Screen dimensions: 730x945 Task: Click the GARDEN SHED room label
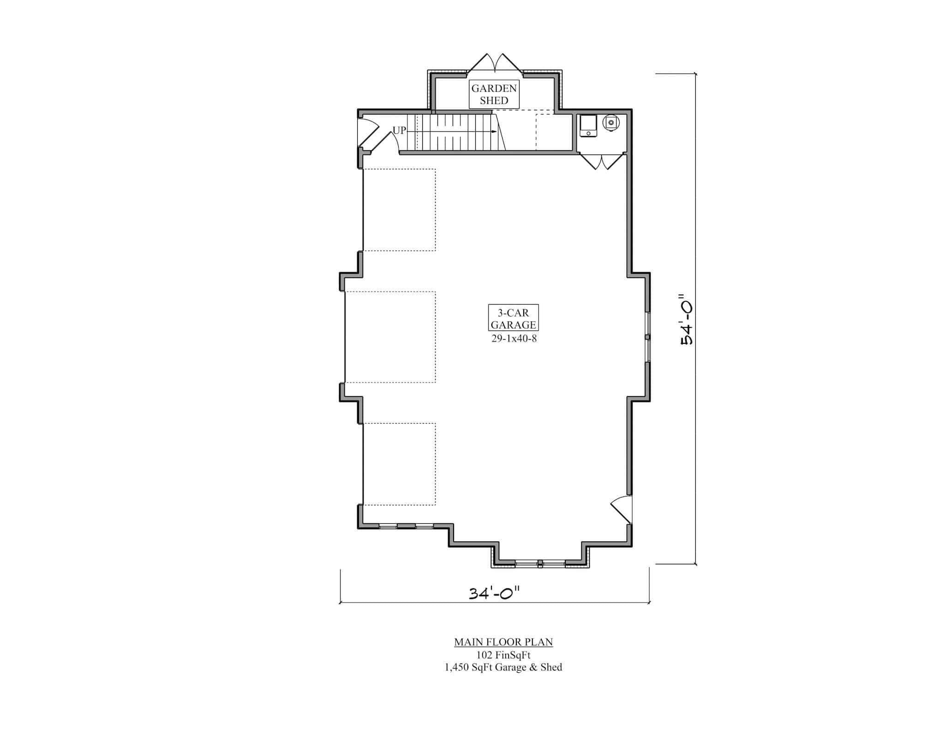click(494, 94)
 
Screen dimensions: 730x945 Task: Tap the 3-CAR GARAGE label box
click(513, 318)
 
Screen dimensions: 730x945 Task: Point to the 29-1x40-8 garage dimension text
click(514, 339)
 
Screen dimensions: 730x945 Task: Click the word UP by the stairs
click(399, 131)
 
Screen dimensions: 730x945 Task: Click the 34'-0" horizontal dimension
click(494, 593)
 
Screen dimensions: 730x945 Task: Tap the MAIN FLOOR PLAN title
click(503, 642)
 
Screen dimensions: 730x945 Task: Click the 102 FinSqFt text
click(503, 654)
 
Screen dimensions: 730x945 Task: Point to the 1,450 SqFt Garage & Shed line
click(503, 667)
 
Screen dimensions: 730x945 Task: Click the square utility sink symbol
click(588, 126)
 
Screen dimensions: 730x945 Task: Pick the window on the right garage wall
click(648, 337)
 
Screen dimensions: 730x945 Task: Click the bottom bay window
click(540, 562)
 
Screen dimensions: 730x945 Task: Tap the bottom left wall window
click(406, 526)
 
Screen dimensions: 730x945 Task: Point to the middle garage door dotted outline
click(390, 337)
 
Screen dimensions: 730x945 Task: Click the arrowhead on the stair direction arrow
click(494, 132)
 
